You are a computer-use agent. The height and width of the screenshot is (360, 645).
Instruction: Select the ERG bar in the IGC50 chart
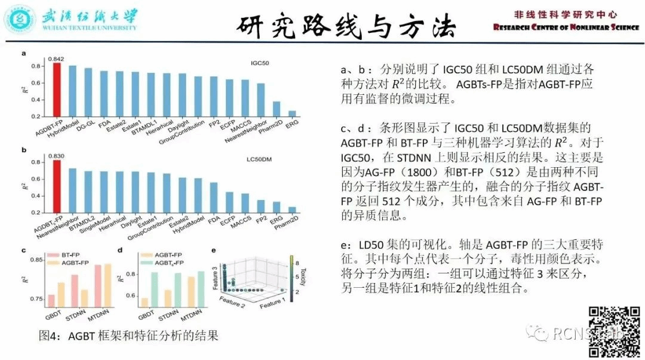coord(292,114)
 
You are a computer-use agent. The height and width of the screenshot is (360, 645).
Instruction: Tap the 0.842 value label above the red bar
coord(56,59)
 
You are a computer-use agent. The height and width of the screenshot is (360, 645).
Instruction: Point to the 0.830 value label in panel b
coord(56,156)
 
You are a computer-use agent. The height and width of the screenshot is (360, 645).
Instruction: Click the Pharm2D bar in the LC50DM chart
coord(292,210)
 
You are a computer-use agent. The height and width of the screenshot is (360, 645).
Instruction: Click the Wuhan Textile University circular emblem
coord(19,19)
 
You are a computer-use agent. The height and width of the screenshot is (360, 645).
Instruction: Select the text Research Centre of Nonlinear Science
coord(566,27)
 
